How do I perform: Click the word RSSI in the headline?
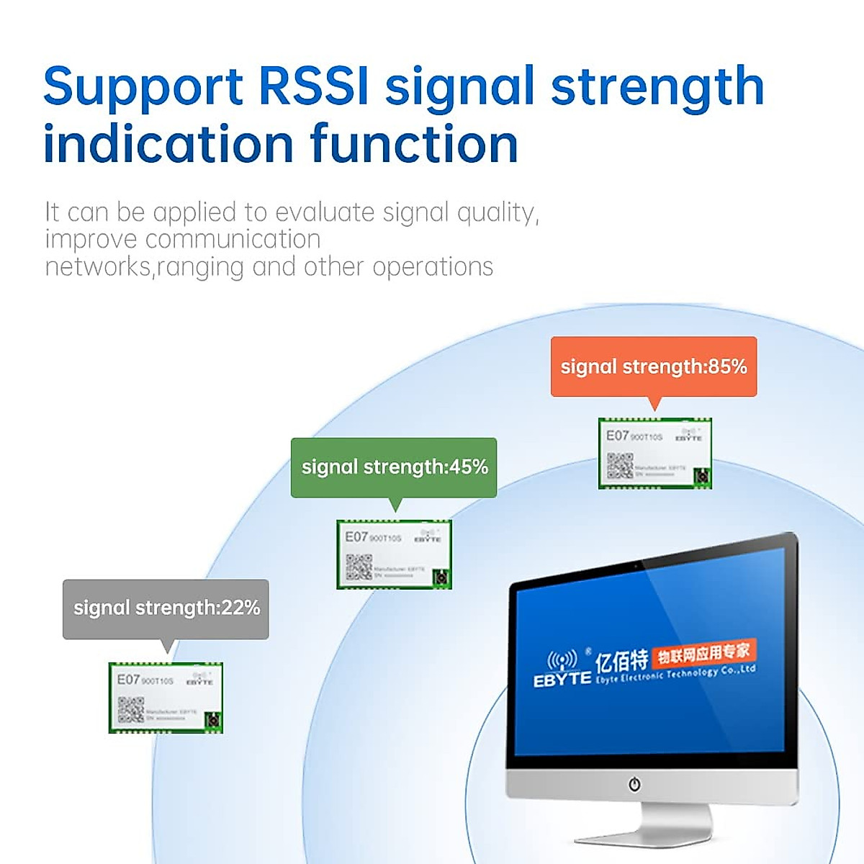click(x=313, y=86)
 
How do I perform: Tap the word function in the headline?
click(x=414, y=144)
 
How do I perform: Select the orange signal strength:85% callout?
click(x=654, y=366)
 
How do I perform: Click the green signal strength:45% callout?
click(x=394, y=467)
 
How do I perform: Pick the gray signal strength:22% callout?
click(x=166, y=608)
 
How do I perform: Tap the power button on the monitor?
click(x=634, y=784)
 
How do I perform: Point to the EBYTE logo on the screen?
click(x=562, y=670)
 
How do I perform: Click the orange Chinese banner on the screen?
click(x=703, y=654)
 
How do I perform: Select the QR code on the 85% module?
click(x=619, y=466)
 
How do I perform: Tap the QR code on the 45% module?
click(x=359, y=567)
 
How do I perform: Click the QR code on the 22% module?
click(x=130, y=710)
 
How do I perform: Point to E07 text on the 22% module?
click(x=128, y=679)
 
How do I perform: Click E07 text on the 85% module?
click(x=617, y=435)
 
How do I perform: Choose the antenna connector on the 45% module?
click(x=441, y=578)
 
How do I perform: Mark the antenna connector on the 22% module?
click(x=212, y=721)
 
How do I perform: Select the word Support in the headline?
click(x=143, y=86)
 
